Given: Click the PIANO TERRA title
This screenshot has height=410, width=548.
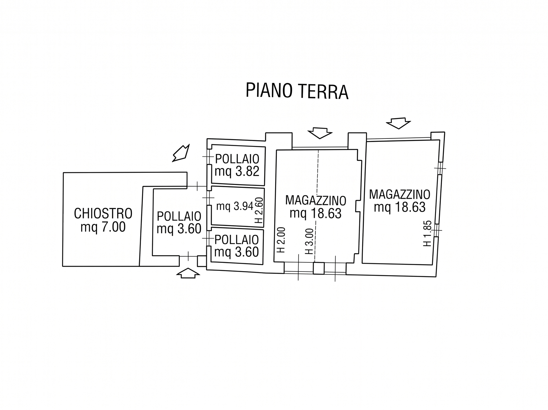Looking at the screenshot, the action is pos(297,91).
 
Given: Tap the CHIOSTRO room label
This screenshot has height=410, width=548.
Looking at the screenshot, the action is pos(103,213).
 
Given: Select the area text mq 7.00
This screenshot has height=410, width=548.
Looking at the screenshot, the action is pos(103,227).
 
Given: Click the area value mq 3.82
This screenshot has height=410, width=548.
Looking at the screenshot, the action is pos(237,171).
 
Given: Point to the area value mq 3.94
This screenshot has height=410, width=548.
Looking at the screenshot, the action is pos(235,206).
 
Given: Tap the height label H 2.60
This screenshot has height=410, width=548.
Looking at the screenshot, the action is pos(260,210).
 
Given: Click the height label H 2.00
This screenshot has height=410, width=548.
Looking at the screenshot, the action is pos(281,240).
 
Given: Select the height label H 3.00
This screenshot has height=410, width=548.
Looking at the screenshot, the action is pos(309,241).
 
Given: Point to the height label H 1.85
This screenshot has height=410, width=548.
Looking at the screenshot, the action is pos(427,233).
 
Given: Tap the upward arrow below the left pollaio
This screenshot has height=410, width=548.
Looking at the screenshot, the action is pos(188,273).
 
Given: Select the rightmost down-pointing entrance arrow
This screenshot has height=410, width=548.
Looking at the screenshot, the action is pos(398,123).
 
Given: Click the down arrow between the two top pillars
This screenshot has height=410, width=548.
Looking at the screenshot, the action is pos(320,133).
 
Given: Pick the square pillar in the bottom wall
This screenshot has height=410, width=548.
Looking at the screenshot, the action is pos(319,268).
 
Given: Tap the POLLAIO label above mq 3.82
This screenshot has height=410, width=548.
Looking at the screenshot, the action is pos(237,159).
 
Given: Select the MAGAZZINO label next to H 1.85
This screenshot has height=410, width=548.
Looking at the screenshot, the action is pos(399,194).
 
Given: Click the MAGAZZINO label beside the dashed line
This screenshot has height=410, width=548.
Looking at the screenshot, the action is pos(315,200).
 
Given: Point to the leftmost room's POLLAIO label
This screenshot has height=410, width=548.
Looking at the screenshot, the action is pos(179,216).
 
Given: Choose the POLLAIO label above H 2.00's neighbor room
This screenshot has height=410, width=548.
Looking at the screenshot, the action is pos(237,240).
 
